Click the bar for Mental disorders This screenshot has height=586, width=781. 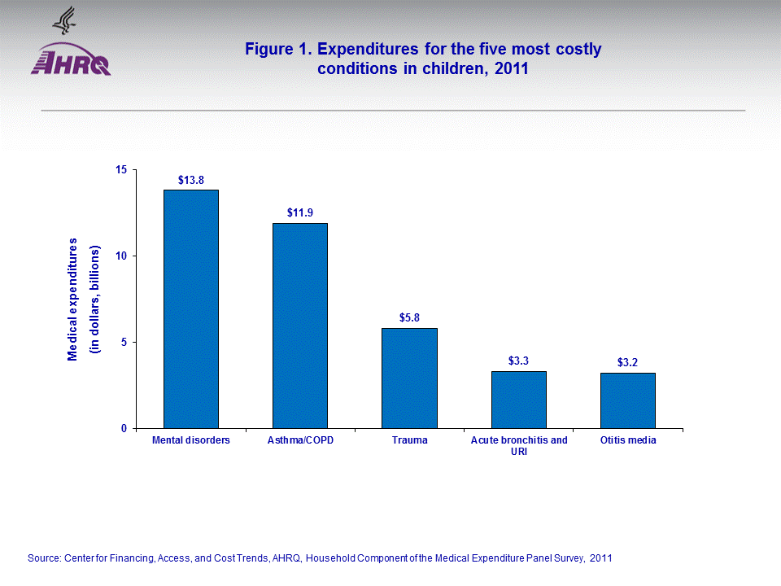click(x=191, y=309)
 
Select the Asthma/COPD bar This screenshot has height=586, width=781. click(x=300, y=326)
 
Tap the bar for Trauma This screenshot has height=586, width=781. click(x=409, y=378)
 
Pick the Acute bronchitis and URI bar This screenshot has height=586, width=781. click(x=518, y=400)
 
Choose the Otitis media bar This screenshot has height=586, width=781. click(x=627, y=400)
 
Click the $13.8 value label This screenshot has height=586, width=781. click(x=191, y=179)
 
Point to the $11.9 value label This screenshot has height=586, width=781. click(x=300, y=212)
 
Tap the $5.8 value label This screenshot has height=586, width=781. click(x=409, y=317)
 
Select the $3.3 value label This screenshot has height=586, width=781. click(x=518, y=361)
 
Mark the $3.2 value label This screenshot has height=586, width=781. click(x=627, y=362)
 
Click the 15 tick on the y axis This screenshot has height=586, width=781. click(x=122, y=169)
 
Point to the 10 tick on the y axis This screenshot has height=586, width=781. click(x=122, y=256)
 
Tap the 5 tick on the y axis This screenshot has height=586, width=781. click(x=124, y=342)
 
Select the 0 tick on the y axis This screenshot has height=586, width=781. click(x=124, y=428)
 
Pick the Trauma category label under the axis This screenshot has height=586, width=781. click(x=409, y=440)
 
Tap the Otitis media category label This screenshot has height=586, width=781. click(x=627, y=440)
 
